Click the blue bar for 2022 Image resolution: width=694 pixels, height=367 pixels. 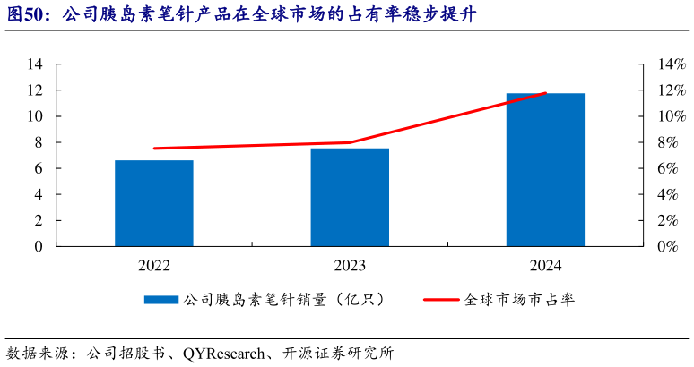click(x=153, y=203)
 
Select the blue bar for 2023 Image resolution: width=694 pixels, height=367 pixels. click(x=350, y=197)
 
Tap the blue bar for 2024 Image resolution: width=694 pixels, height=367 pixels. click(x=545, y=169)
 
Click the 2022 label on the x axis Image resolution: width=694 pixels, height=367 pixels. click(x=153, y=266)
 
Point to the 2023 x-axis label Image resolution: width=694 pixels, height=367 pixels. click(x=350, y=266)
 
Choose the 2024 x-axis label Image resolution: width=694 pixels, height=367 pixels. click(x=545, y=266)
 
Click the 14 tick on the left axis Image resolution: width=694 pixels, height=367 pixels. click(x=37, y=64)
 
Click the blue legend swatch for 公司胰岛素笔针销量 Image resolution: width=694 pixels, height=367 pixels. click(x=161, y=300)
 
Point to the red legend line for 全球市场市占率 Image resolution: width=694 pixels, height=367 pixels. click(x=443, y=300)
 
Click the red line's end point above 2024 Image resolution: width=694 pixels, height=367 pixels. click(x=545, y=93)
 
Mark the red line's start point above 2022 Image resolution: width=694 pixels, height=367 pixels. click(x=154, y=149)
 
